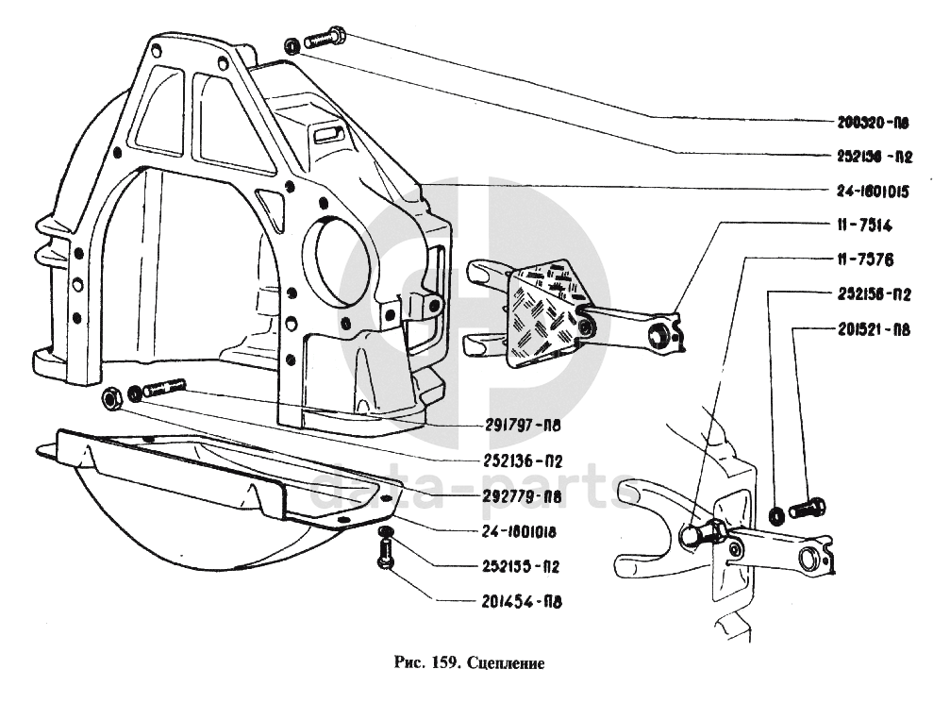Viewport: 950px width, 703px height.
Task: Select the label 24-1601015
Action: pos(872,191)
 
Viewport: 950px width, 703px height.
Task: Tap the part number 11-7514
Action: pos(863,226)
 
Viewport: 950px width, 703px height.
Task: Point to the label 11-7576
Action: pos(863,258)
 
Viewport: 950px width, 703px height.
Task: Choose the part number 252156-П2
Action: pos(872,293)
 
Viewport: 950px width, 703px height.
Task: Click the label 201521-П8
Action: pos(872,329)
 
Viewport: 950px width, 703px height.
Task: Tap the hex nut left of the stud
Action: pos(110,398)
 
